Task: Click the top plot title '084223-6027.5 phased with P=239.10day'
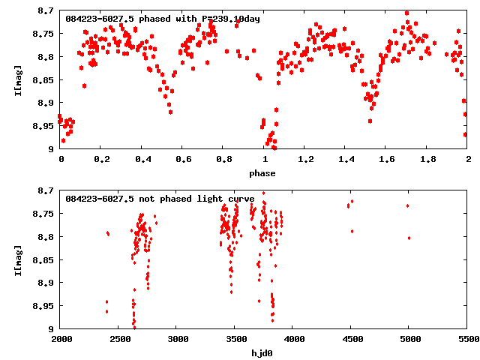tap(163, 19)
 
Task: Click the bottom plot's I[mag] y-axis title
tap(18, 259)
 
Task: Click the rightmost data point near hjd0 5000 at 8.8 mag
tap(409, 238)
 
